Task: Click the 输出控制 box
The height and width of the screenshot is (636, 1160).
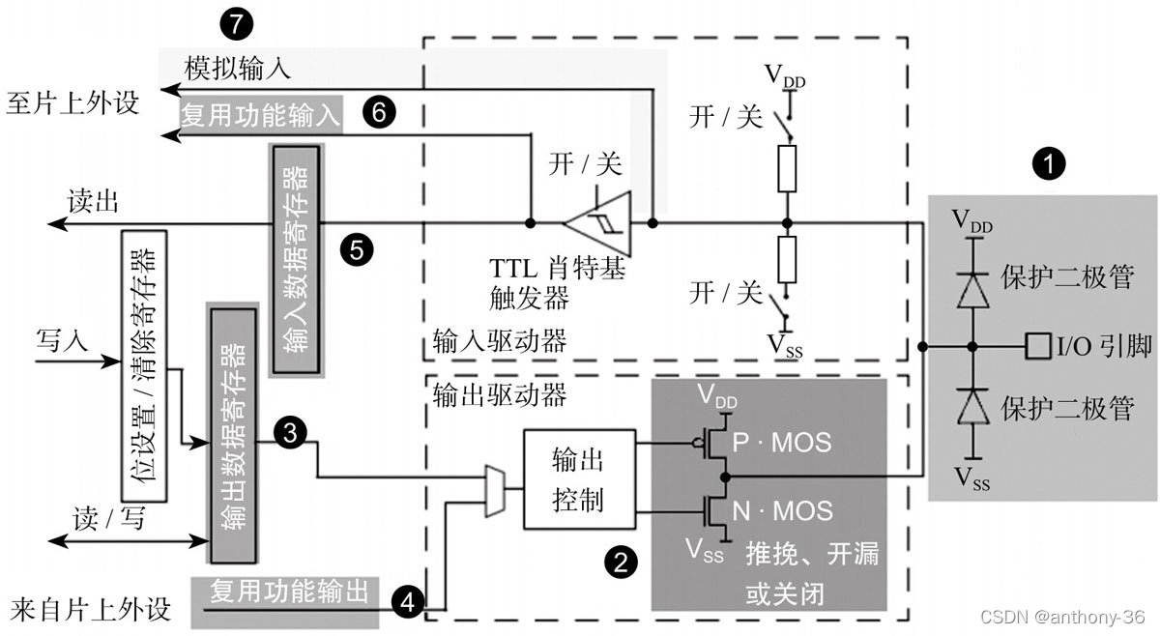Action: pyautogui.click(x=578, y=478)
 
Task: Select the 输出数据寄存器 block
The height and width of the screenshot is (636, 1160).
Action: pyautogui.click(x=233, y=435)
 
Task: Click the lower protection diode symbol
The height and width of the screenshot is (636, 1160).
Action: pyautogui.click(x=971, y=409)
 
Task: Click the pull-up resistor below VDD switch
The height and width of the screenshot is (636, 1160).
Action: pyautogui.click(x=788, y=167)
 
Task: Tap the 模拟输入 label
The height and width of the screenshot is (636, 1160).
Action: pyautogui.click(x=237, y=69)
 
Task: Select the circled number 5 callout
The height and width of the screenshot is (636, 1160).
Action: pyautogui.click(x=357, y=250)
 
